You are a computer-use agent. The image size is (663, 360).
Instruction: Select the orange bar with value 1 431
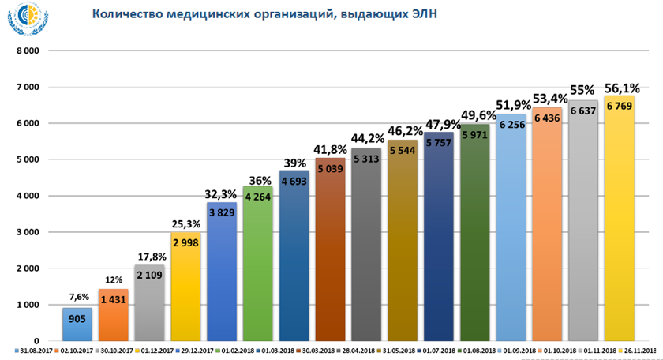(113, 316)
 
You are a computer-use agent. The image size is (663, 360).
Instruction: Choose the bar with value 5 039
(330, 253)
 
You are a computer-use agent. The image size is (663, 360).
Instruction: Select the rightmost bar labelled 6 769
(620, 221)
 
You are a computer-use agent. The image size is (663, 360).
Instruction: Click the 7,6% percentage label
(77, 298)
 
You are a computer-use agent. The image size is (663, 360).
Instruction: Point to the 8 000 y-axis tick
(29, 50)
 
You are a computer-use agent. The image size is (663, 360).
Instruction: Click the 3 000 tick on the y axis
(29, 232)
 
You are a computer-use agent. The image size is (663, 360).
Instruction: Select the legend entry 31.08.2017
(34, 351)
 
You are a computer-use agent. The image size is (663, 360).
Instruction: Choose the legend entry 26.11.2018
(639, 351)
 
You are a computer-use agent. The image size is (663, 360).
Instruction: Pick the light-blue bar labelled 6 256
(511, 237)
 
